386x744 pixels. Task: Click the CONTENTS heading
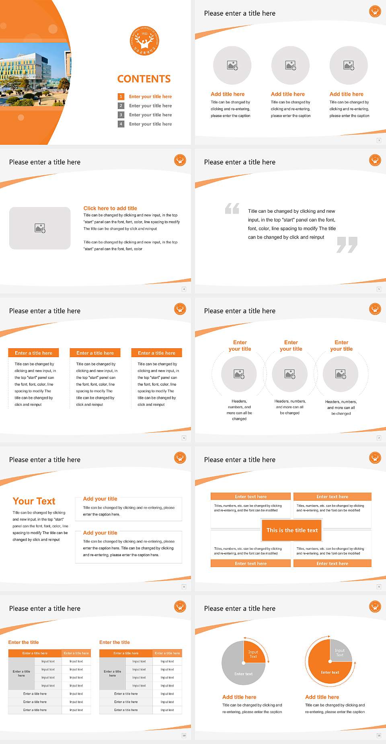click(144, 79)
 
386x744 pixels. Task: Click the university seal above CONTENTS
click(144, 41)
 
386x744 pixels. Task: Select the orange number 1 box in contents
click(121, 97)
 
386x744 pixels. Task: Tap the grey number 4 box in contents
click(121, 124)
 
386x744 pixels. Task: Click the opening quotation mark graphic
click(232, 208)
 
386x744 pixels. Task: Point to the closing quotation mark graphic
click(347, 245)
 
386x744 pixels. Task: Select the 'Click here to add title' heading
click(110, 208)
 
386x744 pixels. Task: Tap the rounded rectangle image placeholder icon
click(40, 228)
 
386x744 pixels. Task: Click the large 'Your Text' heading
click(34, 501)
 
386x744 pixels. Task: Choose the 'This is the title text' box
click(292, 530)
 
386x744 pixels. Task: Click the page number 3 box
click(379, 140)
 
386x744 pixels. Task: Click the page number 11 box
click(379, 736)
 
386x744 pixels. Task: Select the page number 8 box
click(184, 587)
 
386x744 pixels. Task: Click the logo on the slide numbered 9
click(375, 458)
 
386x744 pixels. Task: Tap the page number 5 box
click(379, 289)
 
